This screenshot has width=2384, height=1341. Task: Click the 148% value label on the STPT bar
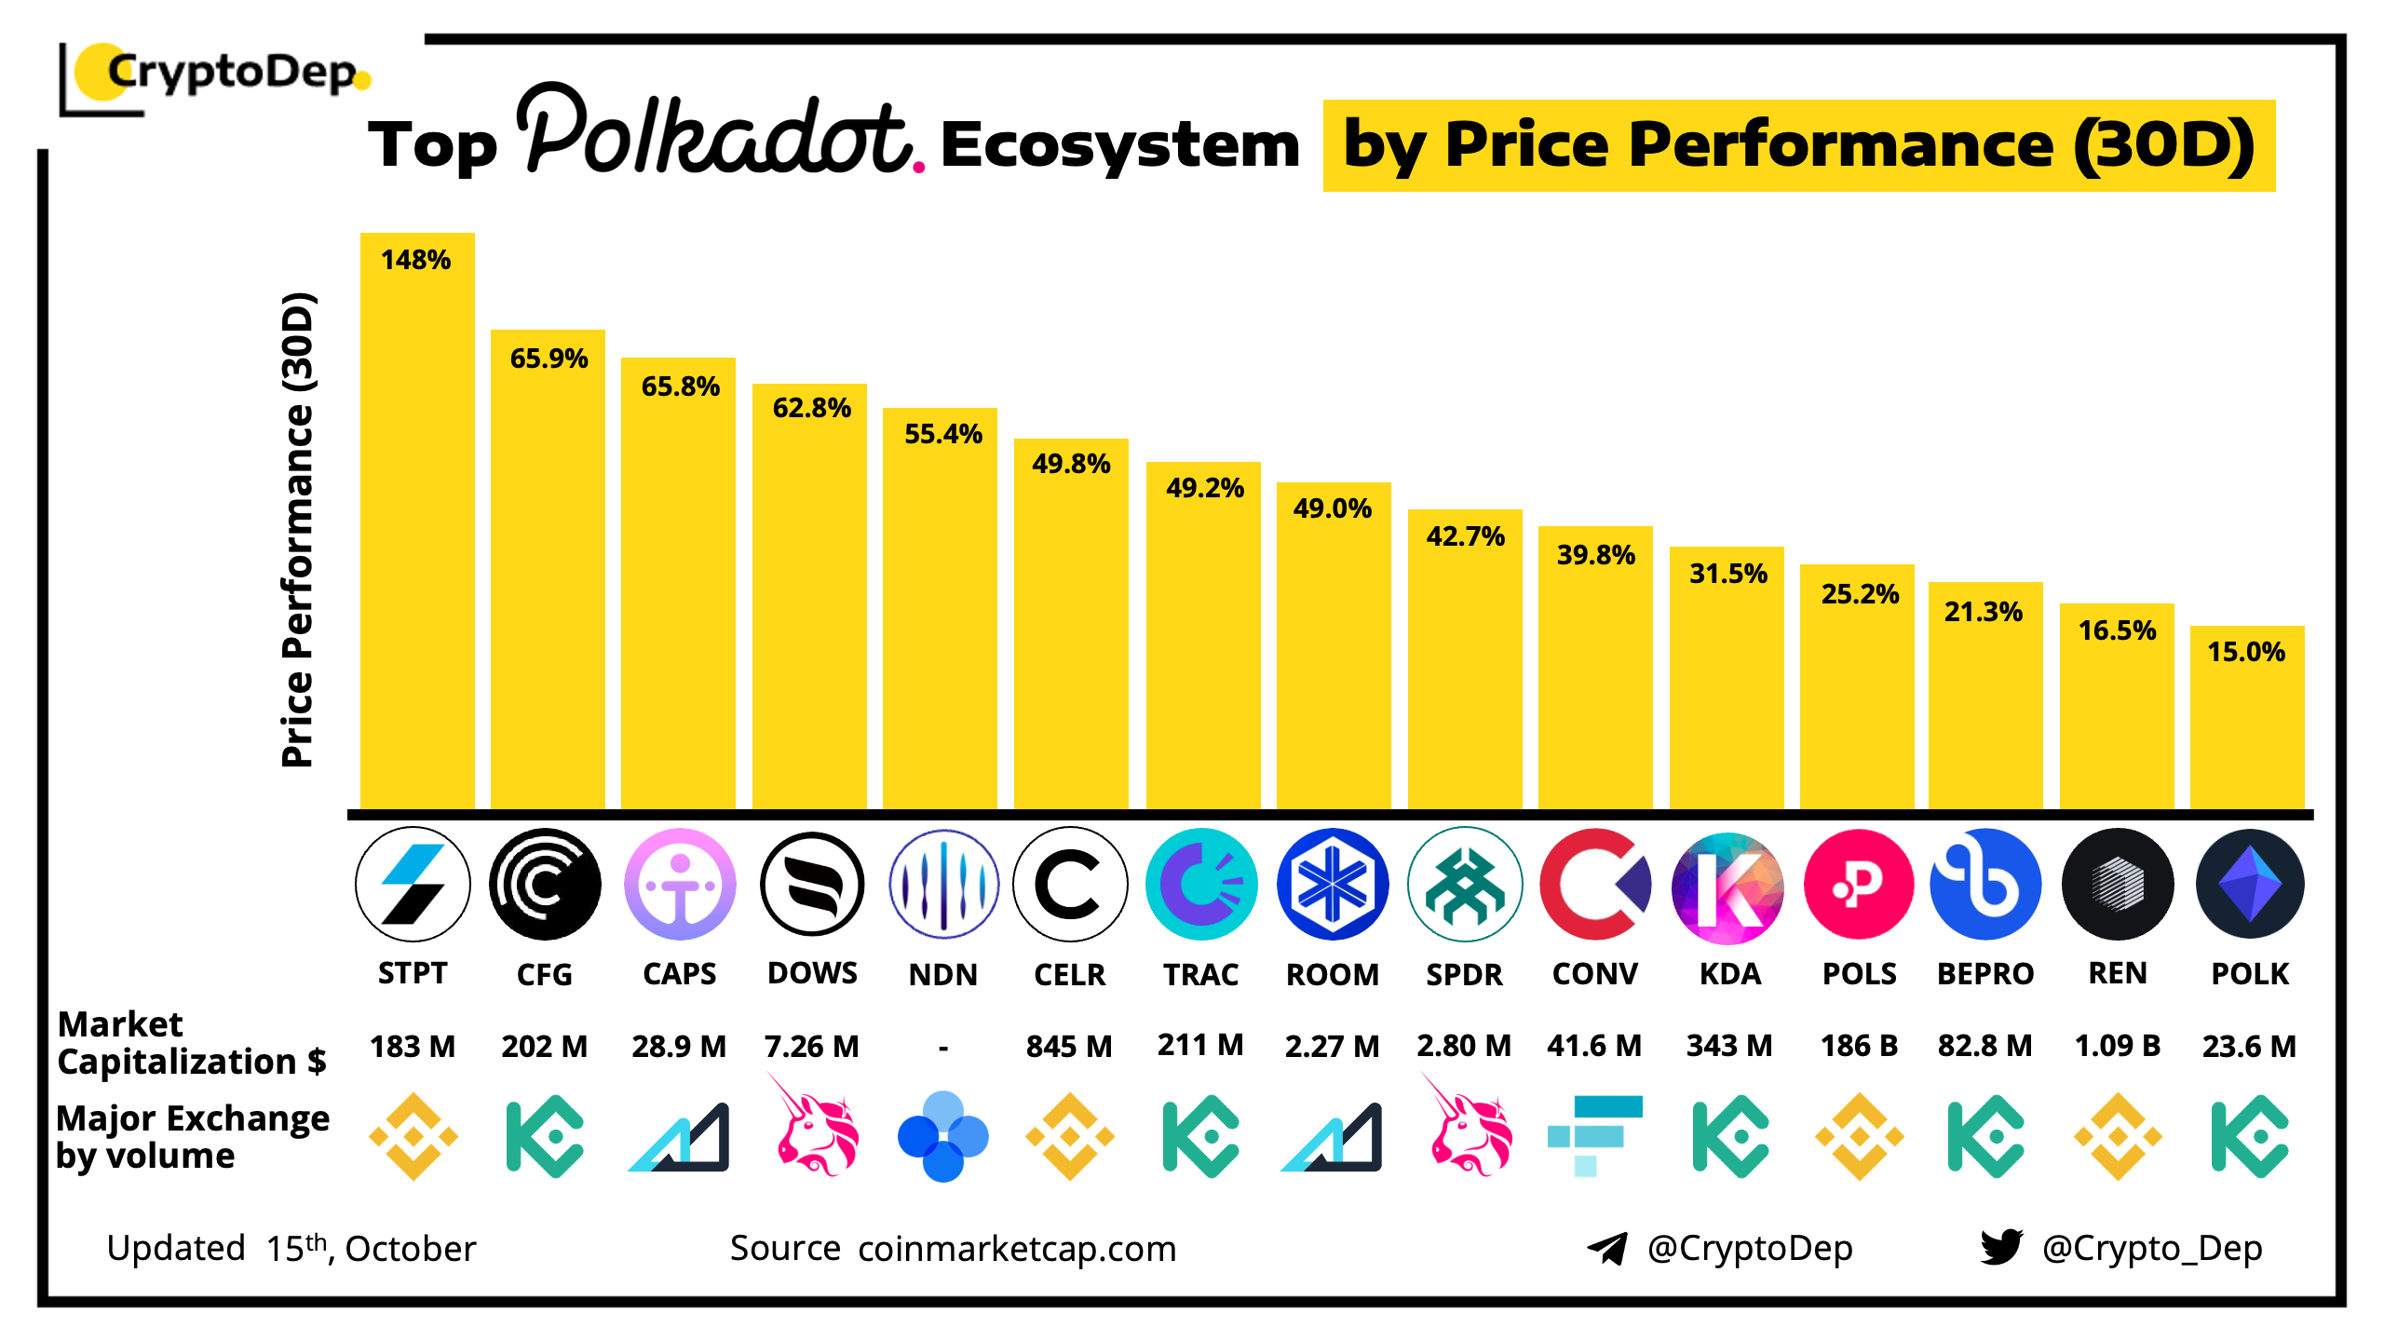pyautogui.click(x=415, y=260)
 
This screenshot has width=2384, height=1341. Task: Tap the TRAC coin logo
pyautogui.click(x=1201, y=884)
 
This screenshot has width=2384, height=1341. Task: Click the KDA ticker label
pyautogui.click(x=1729, y=974)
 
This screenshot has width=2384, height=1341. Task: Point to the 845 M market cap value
pyautogui.click(x=1069, y=1047)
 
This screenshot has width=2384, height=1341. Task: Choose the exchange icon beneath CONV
pyautogui.click(x=1594, y=1135)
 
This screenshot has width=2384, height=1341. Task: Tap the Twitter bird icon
pyautogui.click(x=2001, y=1247)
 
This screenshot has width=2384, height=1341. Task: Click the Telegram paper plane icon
pyautogui.click(x=1607, y=1248)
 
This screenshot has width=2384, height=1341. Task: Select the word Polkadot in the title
pyautogui.click(x=717, y=135)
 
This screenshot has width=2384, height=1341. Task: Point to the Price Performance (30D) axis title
pyautogui.click(x=298, y=531)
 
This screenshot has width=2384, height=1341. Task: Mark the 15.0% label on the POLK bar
pyautogui.click(x=2246, y=652)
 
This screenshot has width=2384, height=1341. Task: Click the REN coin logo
pyautogui.click(x=2118, y=884)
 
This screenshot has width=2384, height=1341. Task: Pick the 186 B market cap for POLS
pyautogui.click(x=1859, y=1046)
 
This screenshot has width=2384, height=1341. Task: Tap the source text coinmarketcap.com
pyautogui.click(x=1017, y=1249)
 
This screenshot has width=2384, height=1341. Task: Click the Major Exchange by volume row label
pyautogui.click(x=192, y=1136)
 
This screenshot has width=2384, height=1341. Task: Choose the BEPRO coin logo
pyautogui.click(x=1985, y=884)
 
